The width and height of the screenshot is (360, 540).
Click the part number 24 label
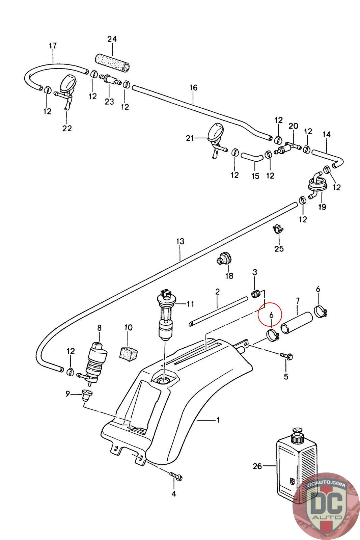click(x=112, y=39)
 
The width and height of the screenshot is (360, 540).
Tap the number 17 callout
click(x=53, y=45)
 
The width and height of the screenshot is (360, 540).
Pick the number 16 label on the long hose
click(x=193, y=87)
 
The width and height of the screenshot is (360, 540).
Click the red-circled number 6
click(x=271, y=315)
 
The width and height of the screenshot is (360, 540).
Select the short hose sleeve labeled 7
click(x=297, y=323)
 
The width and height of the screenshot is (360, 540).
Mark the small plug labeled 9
click(x=87, y=395)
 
